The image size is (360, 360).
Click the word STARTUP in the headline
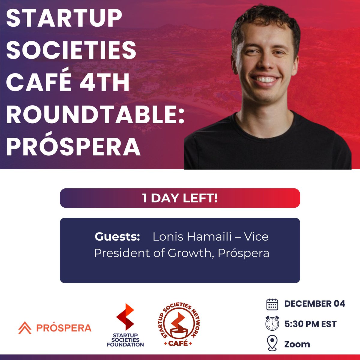[x=64, y=19]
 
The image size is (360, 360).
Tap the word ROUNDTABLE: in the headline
[x=95, y=114]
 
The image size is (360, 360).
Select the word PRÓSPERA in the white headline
[x=73, y=147]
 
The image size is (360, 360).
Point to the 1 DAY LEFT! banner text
[x=180, y=198]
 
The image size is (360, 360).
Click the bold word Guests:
[x=117, y=237]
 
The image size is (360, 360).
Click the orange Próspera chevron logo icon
[x=25, y=328]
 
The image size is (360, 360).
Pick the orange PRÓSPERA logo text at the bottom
[x=64, y=328]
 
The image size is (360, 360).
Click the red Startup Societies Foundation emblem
[x=125, y=317]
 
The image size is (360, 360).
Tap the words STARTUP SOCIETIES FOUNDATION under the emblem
[x=125, y=340]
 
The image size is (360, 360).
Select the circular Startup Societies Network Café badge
[x=179, y=325]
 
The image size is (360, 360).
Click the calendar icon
[x=272, y=304]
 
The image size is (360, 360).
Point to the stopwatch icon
[x=272, y=323]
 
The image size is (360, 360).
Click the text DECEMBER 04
[x=314, y=304]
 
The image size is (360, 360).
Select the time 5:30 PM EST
[x=310, y=324]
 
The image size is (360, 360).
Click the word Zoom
[x=297, y=344]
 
